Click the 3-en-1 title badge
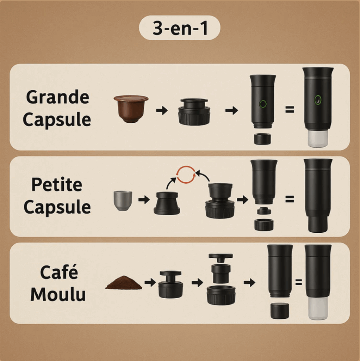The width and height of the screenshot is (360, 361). click(180, 28)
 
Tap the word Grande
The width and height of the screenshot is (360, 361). click(57, 97)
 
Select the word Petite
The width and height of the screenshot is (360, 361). click(57, 185)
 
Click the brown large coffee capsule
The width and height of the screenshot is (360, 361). click(131, 109)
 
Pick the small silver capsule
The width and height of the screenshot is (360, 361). click(123, 201)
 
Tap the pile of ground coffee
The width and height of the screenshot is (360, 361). click(124, 282)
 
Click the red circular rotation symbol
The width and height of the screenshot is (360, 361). click(186, 175)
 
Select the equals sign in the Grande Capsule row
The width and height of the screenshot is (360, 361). click(290, 109)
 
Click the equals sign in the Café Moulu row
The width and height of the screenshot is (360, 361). click(298, 282)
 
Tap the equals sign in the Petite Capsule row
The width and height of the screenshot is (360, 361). click(290, 199)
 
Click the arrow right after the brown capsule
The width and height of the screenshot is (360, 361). click(162, 110)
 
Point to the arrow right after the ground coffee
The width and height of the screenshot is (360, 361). click(150, 282)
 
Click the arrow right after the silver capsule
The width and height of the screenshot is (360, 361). click(144, 200)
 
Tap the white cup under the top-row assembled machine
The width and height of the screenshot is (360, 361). click(318, 139)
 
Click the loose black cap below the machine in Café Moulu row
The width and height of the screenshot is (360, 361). click(279, 311)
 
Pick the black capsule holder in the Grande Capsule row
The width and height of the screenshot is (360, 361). click(194, 112)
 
